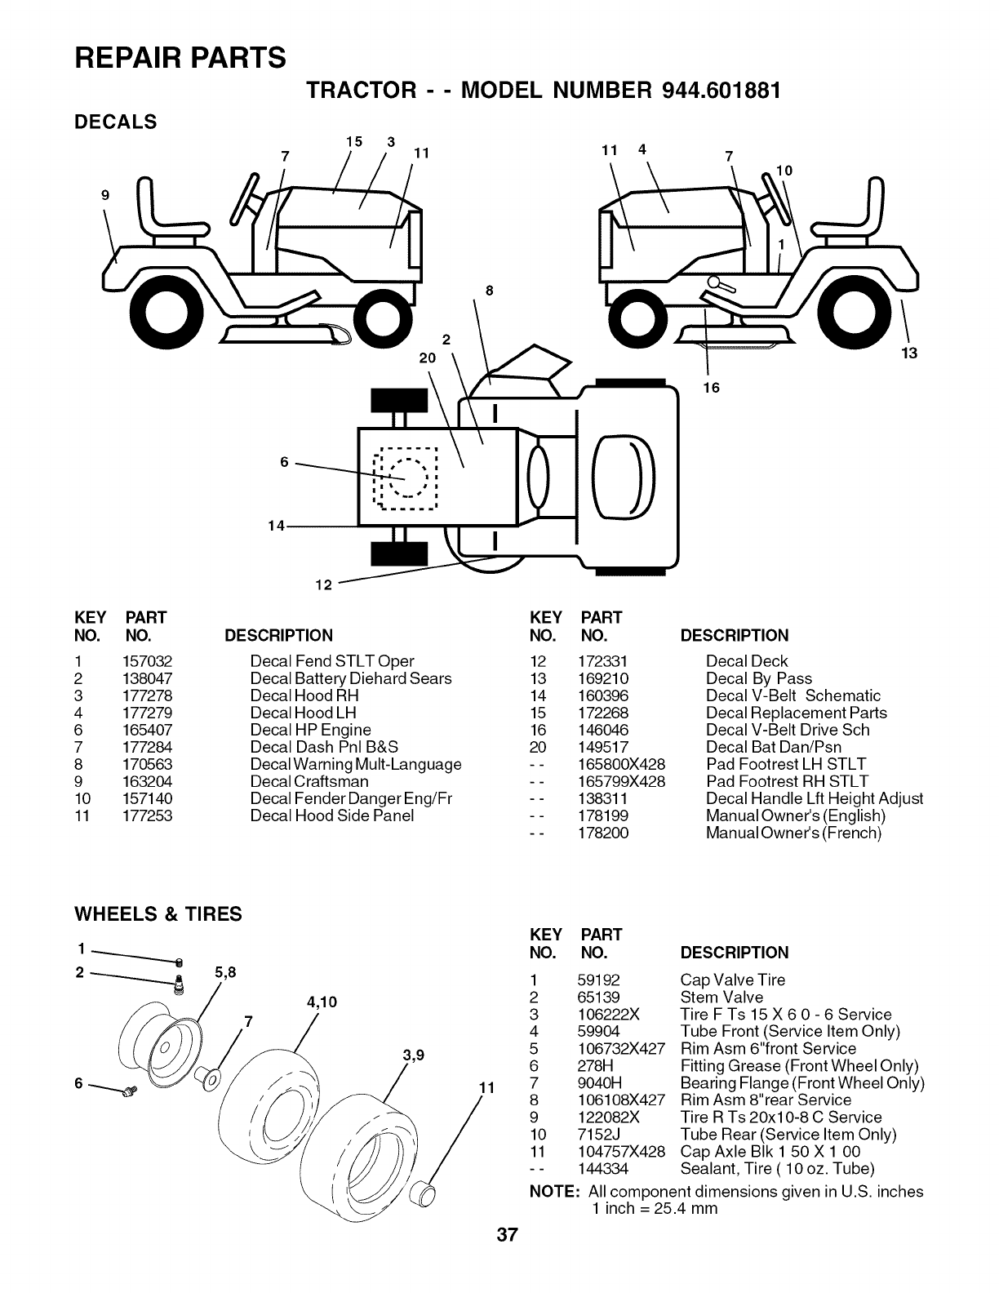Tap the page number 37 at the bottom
pos(506,1235)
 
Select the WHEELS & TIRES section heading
pos(158,914)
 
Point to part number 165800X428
pos(621,764)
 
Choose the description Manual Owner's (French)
pos(793,833)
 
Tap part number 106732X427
pos(620,1048)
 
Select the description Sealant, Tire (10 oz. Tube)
pos(777,1168)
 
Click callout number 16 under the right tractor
pos(712,387)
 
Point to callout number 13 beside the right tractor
pos(909,353)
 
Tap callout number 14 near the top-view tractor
pos(276,526)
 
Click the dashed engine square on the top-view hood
pos(405,478)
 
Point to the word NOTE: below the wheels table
pos(555,1192)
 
